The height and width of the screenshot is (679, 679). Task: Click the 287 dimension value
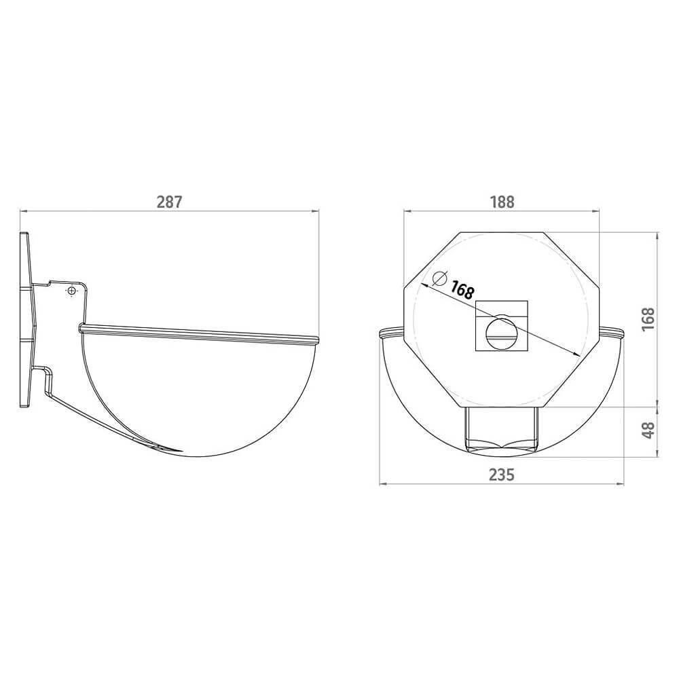[x=169, y=202]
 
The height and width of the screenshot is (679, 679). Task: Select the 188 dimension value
[x=502, y=202]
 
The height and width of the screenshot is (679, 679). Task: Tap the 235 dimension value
[x=502, y=475]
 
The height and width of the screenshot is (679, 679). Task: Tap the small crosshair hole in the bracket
[x=71, y=291]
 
